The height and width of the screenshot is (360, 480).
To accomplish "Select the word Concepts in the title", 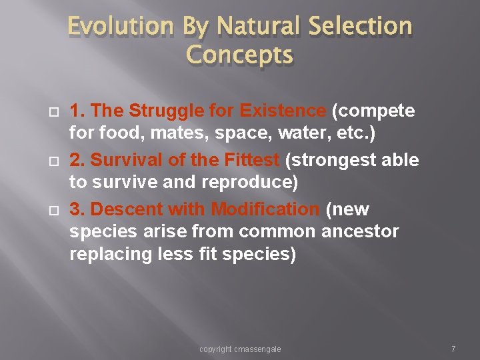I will (240, 55).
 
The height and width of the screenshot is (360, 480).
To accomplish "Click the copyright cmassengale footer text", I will (240, 349).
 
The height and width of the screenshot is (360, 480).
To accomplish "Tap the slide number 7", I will (453, 349).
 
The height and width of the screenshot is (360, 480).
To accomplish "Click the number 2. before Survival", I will (77, 160).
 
